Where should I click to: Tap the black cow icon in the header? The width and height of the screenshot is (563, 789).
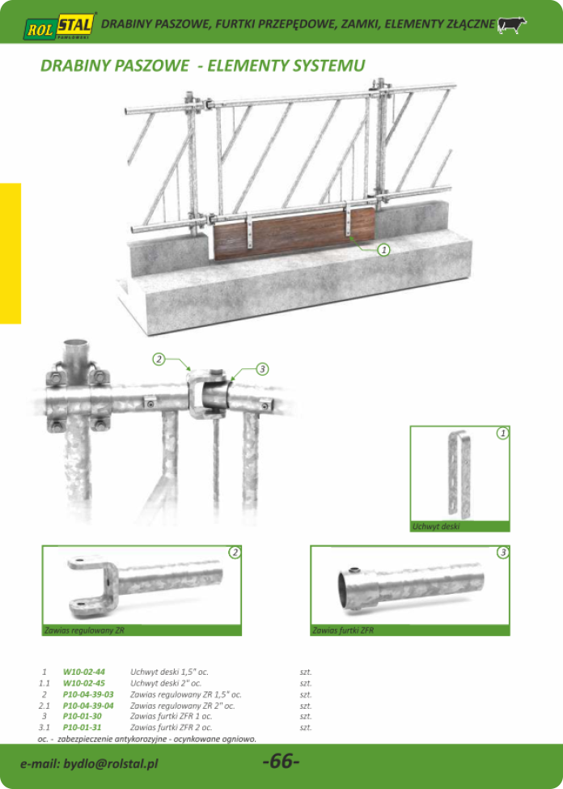click(x=512, y=25)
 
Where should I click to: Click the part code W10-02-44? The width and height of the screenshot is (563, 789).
click(x=84, y=671)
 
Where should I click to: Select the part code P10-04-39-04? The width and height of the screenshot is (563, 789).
click(x=88, y=706)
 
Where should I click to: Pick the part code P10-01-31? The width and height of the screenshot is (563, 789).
click(x=83, y=727)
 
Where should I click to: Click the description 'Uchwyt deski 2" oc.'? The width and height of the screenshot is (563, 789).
click(x=166, y=683)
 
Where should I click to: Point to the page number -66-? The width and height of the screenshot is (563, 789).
click(x=281, y=761)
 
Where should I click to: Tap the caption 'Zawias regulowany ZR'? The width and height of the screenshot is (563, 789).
click(x=84, y=630)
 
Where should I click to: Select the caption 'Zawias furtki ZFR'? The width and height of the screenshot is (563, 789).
click(x=343, y=630)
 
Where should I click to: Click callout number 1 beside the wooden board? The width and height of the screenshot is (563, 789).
click(x=383, y=248)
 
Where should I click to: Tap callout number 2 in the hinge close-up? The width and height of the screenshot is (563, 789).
click(x=159, y=358)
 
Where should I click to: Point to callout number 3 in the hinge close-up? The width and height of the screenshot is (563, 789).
click(x=261, y=369)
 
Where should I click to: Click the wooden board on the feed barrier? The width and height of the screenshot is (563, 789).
click(x=294, y=233)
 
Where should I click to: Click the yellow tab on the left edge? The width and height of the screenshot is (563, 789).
click(x=11, y=253)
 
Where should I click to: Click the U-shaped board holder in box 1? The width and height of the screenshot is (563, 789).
click(x=459, y=474)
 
